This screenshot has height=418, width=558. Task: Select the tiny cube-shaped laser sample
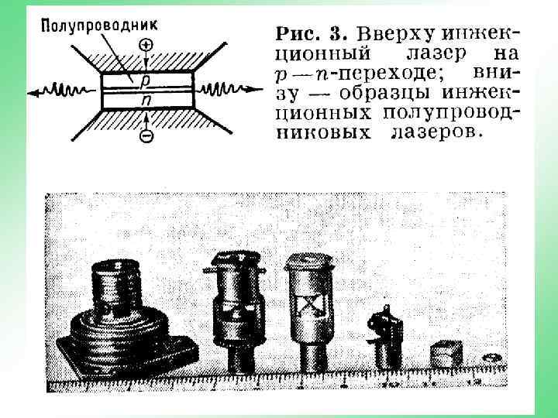pos(446,353)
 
